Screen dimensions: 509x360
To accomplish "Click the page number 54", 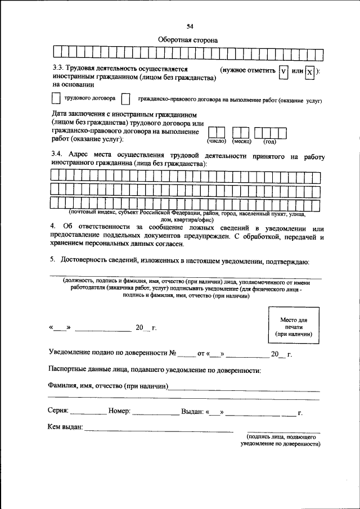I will click(190, 26).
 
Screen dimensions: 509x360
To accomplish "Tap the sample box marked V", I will click(283, 72).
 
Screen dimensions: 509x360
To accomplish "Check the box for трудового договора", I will click(55, 98).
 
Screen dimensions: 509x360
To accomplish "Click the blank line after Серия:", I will click(88, 413).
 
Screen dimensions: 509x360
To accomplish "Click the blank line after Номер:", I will click(155, 413).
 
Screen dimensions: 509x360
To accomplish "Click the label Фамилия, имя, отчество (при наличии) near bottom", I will click(109, 388).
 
